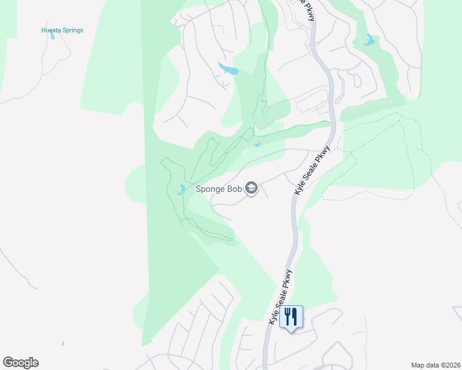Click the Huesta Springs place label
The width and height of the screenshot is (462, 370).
62,30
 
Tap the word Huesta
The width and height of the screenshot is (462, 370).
51,30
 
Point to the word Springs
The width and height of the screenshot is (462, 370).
72,30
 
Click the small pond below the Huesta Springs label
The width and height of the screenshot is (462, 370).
52,36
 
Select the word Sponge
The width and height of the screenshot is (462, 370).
210,189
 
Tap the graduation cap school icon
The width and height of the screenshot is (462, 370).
251,188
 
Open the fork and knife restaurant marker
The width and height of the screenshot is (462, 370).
291,317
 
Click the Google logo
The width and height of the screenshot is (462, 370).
20,363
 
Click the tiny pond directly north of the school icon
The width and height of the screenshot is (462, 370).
257,146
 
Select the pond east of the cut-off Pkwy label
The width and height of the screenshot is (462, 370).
369,41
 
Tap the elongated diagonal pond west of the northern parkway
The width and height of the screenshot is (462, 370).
227,68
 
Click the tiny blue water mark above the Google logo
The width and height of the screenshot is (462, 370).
63,343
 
